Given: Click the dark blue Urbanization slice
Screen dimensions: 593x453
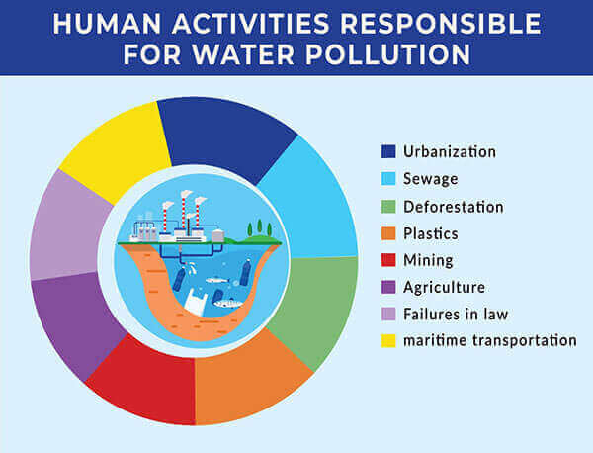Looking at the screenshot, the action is coord(223,136).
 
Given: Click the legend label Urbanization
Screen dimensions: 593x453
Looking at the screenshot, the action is coord(450,151).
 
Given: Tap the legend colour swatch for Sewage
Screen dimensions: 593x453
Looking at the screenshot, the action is coord(388,179).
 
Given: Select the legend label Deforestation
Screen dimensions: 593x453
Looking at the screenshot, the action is coord(453,207).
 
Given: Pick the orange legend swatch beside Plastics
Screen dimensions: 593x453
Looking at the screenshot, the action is coord(388,233).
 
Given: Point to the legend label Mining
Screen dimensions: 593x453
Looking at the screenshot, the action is coord(428,260).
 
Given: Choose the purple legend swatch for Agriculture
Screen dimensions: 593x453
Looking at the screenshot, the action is coord(388,287).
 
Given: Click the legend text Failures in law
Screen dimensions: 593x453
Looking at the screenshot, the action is coord(456,315).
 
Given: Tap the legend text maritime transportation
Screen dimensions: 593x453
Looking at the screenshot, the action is coord(490,340).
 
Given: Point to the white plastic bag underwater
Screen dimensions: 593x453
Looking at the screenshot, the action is coord(195,302).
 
